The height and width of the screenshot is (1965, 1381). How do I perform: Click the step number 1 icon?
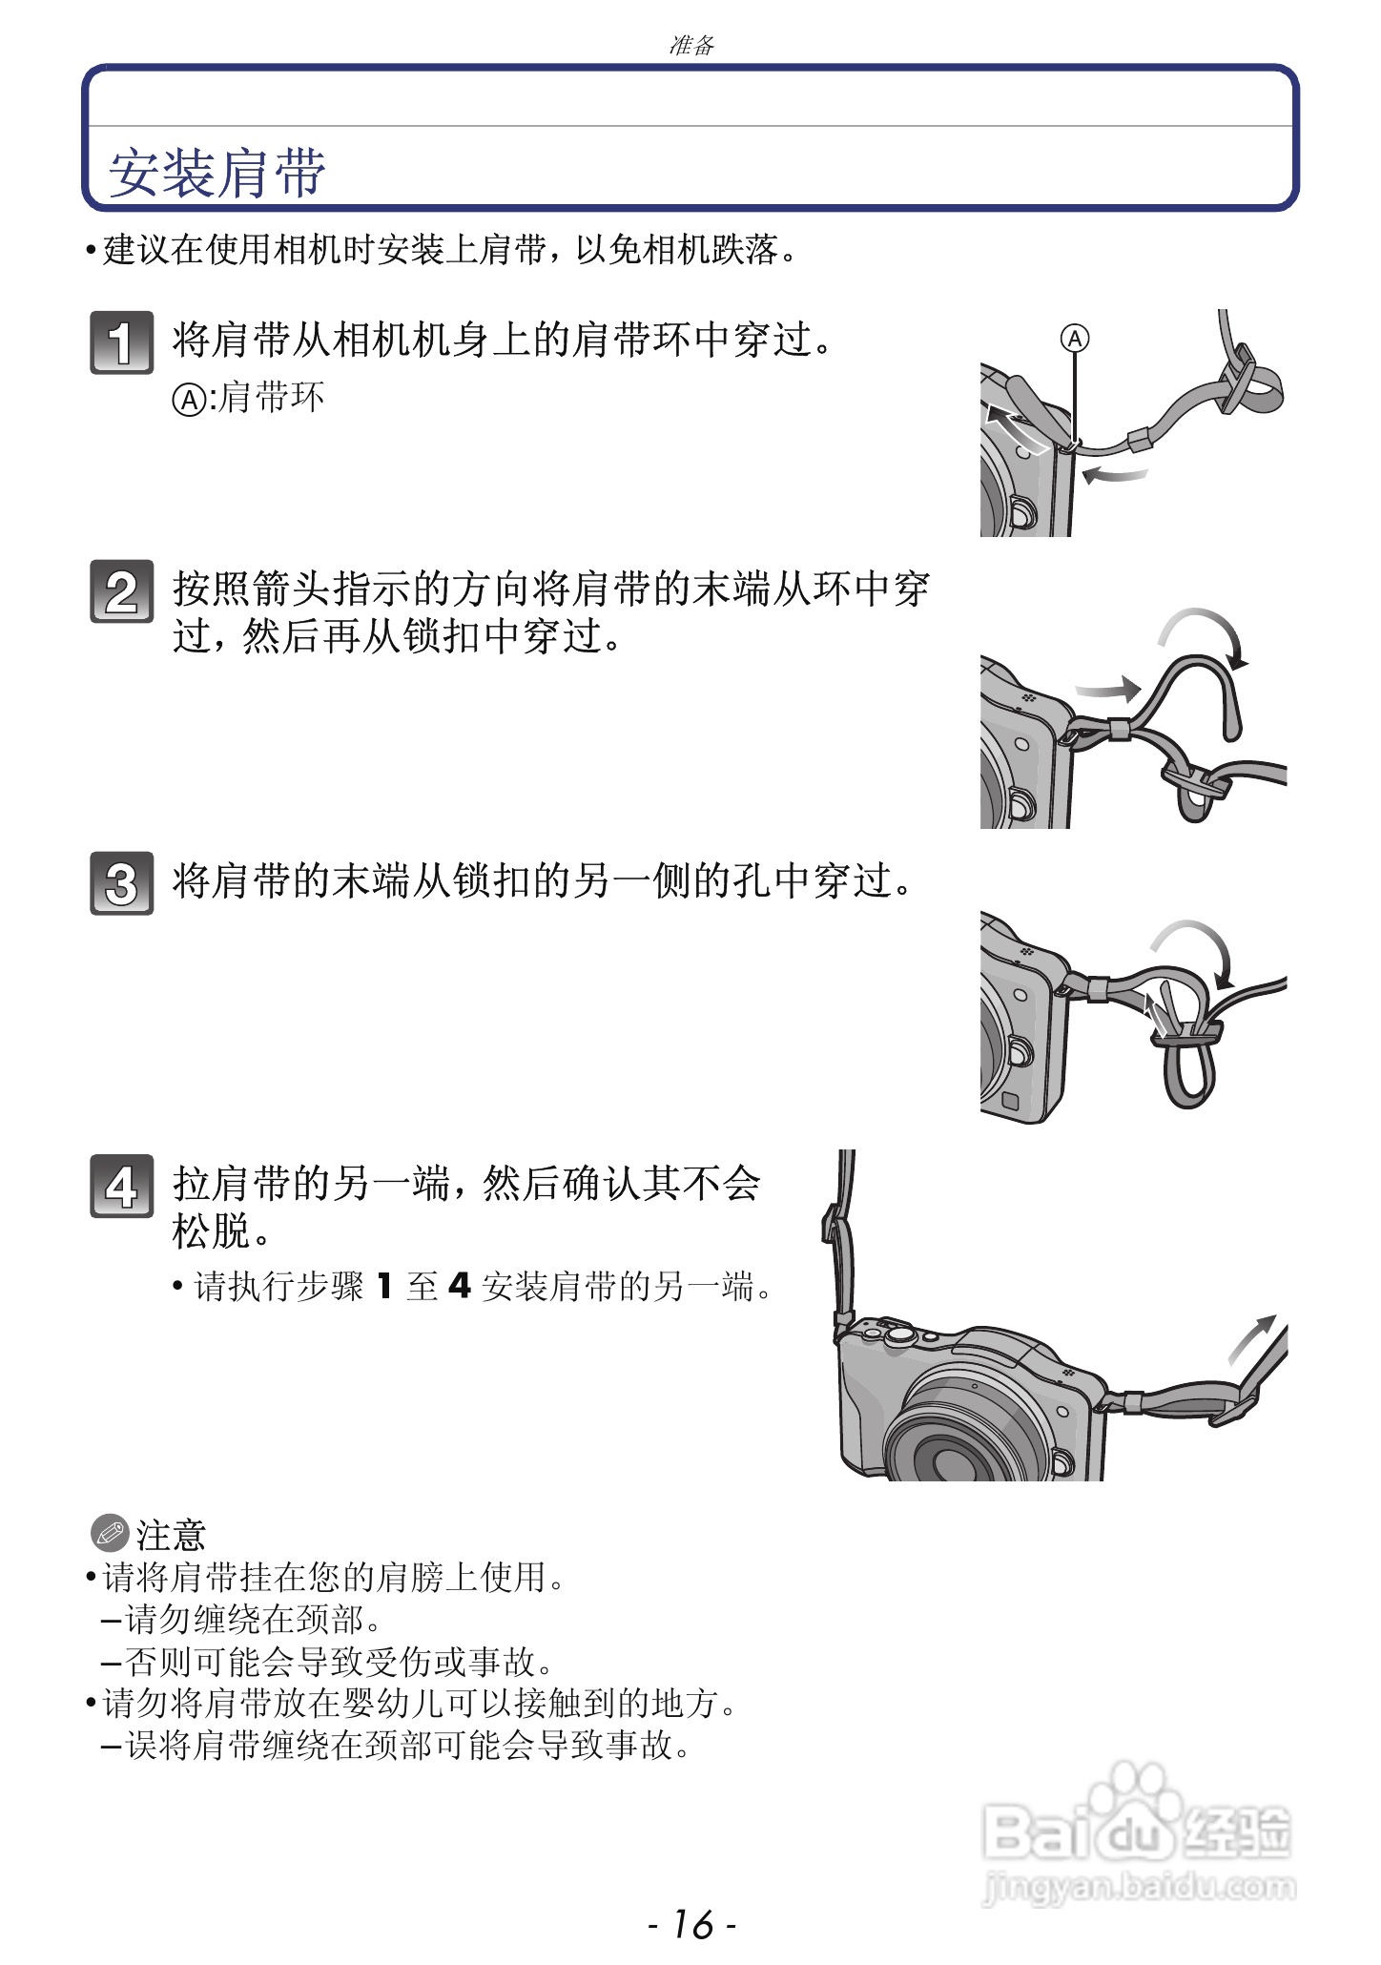(x=121, y=341)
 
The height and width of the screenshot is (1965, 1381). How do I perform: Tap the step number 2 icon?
(x=121, y=591)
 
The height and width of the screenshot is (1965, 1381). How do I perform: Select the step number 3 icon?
(x=121, y=883)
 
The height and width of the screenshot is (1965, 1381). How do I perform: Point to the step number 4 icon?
(x=121, y=1186)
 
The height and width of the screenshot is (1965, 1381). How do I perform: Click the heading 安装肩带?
(x=217, y=173)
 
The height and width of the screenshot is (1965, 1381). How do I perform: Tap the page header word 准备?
(x=691, y=45)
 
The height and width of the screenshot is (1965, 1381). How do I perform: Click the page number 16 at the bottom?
(x=691, y=1924)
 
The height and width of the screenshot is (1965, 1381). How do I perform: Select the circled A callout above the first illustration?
(x=1075, y=338)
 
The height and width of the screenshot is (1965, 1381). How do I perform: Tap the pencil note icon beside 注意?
(x=110, y=1533)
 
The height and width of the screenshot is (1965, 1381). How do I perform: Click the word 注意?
(x=171, y=1535)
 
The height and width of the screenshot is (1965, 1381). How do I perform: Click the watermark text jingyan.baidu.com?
(x=1139, y=1886)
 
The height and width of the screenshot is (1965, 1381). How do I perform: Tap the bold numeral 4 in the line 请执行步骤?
(x=460, y=1286)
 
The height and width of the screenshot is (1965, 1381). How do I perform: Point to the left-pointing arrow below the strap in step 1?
(x=1114, y=474)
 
